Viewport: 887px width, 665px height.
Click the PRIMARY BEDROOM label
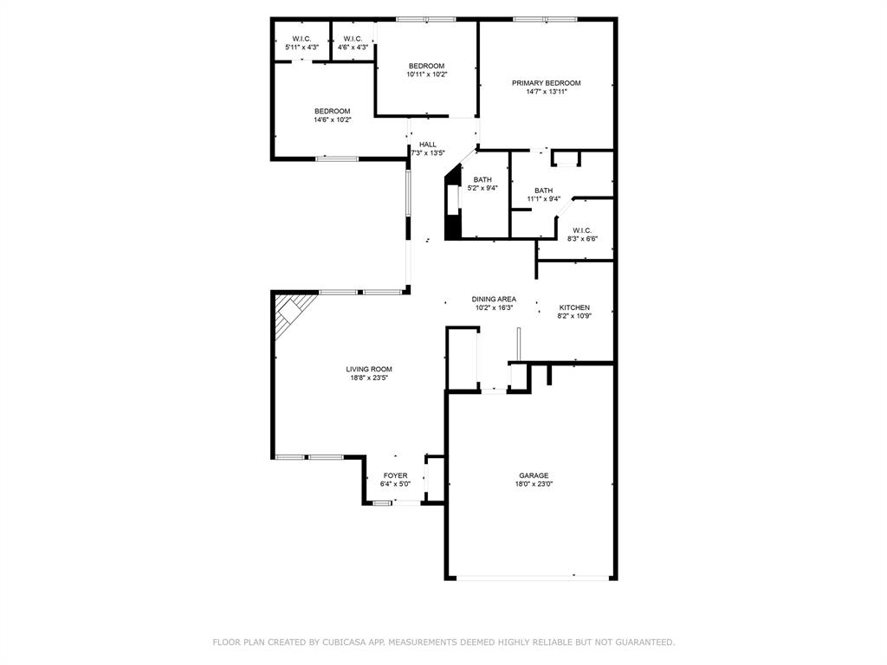pyautogui.click(x=546, y=83)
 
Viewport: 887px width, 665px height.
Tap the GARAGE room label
pyautogui.click(x=534, y=475)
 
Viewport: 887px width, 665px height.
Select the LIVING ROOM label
pyautogui.click(x=369, y=369)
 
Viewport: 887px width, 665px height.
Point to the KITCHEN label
pyautogui.click(x=574, y=307)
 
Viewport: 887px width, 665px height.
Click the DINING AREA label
pyautogui.click(x=494, y=299)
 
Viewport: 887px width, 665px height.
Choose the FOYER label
pyautogui.click(x=395, y=475)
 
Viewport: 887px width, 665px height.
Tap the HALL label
pyautogui.click(x=428, y=145)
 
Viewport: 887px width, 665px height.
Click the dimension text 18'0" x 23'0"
pyautogui.click(x=534, y=484)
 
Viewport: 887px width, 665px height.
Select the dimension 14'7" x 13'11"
pyautogui.click(x=546, y=92)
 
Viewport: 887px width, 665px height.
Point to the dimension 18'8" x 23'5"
pyautogui.click(x=369, y=378)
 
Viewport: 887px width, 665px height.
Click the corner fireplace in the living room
pyautogui.click(x=291, y=312)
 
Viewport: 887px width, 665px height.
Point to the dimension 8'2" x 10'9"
pyautogui.click(x=574, y=316)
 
